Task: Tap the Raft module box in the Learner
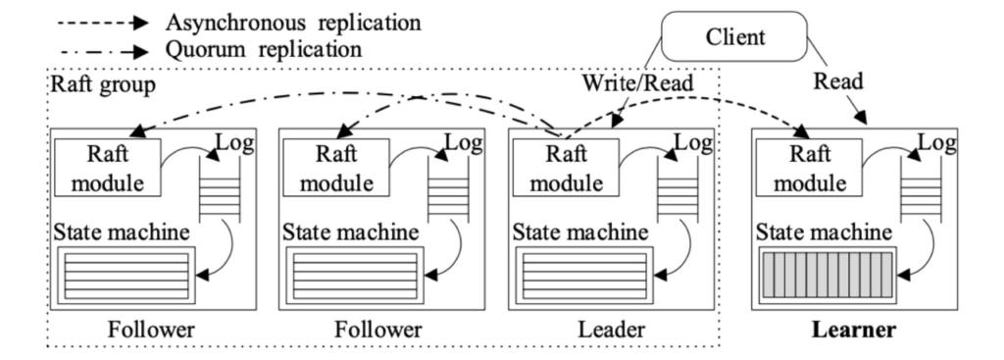808,168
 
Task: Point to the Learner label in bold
854,331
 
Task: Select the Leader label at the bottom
611,331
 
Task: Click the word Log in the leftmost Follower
234,144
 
